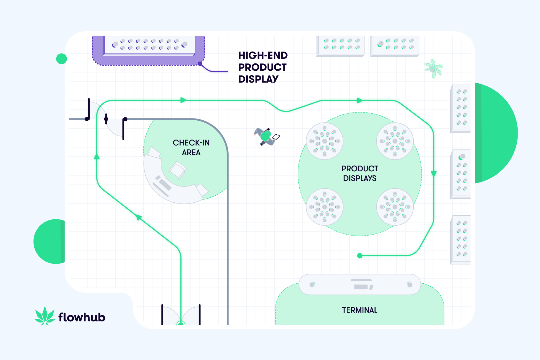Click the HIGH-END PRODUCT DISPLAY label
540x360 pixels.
[x=263, y=67]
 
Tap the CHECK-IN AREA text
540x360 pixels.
[x=191, y=147]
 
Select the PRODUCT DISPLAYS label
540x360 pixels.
[x=360, y=173]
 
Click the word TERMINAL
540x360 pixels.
[x=360, y=310]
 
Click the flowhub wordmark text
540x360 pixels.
[x=82, y=317]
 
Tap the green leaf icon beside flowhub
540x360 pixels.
[x=45, y=316]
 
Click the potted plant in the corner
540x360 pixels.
[x=433, y=68]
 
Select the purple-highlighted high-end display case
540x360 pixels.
[x=148, y=50]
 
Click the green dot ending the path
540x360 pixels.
[x=360, y=256]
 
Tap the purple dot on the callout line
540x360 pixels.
[x=200, y=64]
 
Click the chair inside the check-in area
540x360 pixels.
[x=177, y=170]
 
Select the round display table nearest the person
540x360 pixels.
[x=325, y=141]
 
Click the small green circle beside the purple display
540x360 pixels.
[x=62, y=59]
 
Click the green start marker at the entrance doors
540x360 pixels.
[x=181, y=323]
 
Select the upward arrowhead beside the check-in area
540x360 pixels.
[x=97, y=156]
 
